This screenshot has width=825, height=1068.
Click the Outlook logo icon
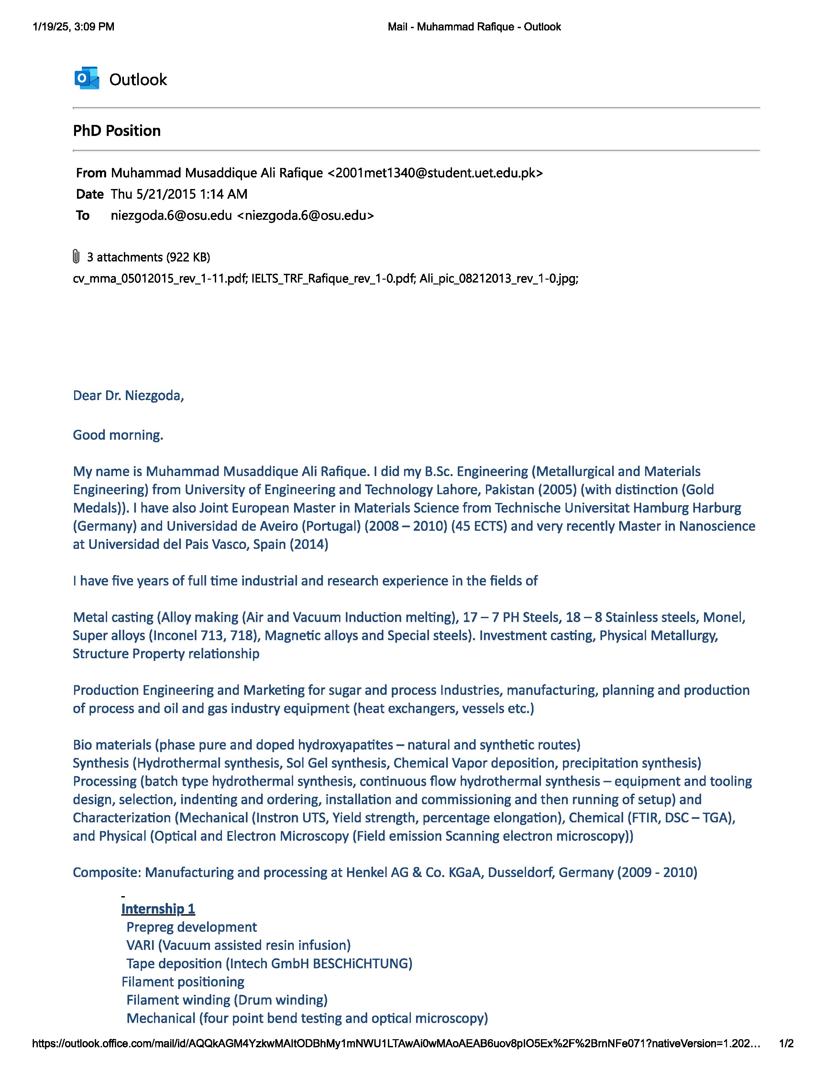click(86, 78)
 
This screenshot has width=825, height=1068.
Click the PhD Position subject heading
click(117, 130)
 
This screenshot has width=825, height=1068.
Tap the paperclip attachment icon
click(76, 256)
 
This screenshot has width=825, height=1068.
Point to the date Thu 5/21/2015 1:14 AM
click(179, 194)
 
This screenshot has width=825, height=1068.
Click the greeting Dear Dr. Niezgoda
click(128, 395)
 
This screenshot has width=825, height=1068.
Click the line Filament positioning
click(183, 982)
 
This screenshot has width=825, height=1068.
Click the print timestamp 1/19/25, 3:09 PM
click(73, 27)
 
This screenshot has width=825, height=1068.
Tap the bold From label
click(91, 173)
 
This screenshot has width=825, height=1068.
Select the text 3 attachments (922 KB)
click(148, 257)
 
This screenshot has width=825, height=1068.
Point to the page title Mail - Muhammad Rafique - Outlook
click(474, 27)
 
